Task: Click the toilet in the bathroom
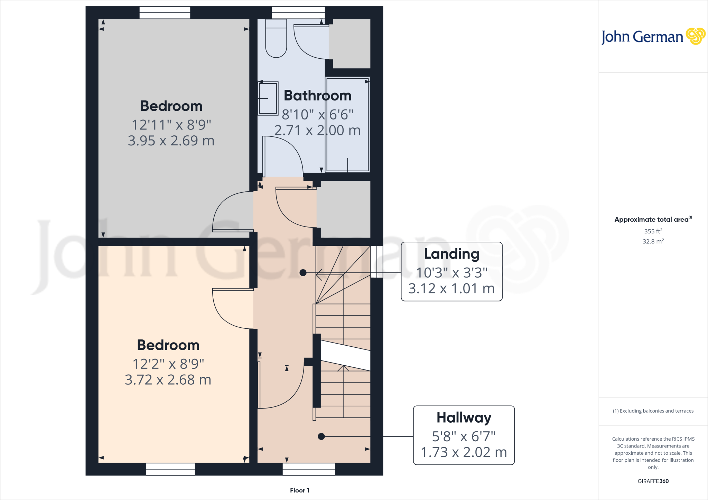276,39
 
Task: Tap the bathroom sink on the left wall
268,98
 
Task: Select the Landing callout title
451,254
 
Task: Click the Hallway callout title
464,417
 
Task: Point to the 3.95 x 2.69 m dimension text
171,141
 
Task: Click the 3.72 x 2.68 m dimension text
168,380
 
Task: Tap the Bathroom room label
317,96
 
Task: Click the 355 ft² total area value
653,231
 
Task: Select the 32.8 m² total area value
653,241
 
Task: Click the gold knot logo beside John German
696,36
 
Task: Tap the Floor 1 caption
299,490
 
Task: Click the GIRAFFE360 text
653,481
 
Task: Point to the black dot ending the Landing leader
303,273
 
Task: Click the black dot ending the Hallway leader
321,436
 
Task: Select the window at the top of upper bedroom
165,13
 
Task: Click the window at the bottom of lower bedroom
170,469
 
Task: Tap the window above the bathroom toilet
298,13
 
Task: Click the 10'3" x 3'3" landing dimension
451,273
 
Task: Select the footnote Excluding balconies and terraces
653,411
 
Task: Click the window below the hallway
309,469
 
